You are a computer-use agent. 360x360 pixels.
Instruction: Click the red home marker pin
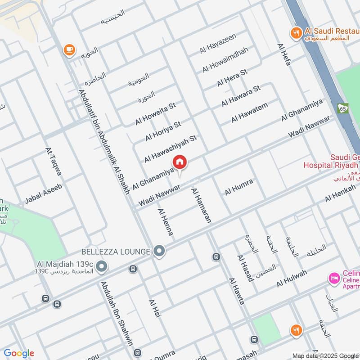[180, 162]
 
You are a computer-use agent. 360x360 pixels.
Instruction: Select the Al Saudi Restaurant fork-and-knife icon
[295, 32]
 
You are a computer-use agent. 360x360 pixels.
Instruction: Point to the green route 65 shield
[343, 108]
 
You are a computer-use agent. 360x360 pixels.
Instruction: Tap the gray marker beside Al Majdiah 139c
[102, 266]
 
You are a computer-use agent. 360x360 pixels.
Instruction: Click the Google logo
[18, 353]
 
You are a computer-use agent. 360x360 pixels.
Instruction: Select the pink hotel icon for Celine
[333, 278]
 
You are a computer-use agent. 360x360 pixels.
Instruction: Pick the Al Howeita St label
[155, 114]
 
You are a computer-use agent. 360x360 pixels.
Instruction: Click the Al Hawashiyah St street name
[171, 148]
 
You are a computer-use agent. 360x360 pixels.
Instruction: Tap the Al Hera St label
[232, 78]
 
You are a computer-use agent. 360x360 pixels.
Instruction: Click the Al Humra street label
[239, 187]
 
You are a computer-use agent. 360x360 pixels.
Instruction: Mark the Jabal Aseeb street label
[43, 193]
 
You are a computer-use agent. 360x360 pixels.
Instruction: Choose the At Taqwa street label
[54, 161]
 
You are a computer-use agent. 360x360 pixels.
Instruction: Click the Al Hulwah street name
[292, 279]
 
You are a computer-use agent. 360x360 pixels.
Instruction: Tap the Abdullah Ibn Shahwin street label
[117, 319]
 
